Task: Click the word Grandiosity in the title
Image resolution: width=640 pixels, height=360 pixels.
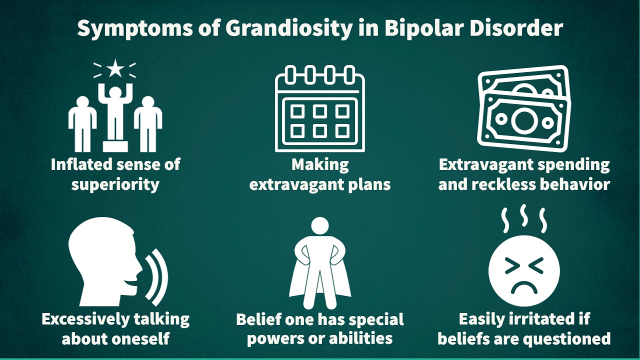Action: [x=288, y=28]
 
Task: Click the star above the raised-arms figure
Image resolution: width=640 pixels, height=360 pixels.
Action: [x=115, y=69]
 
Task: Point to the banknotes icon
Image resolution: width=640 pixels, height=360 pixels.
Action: [x=523, y=109]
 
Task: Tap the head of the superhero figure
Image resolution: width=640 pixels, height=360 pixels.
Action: [x=320, y=226]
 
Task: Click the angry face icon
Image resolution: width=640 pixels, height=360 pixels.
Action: [x=523, y=270]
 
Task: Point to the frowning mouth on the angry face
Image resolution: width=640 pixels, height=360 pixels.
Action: [x=523, y=287]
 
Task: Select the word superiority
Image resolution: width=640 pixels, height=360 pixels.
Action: [x=115, y=184]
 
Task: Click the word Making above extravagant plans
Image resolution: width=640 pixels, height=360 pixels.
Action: [x=320, y=164]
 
